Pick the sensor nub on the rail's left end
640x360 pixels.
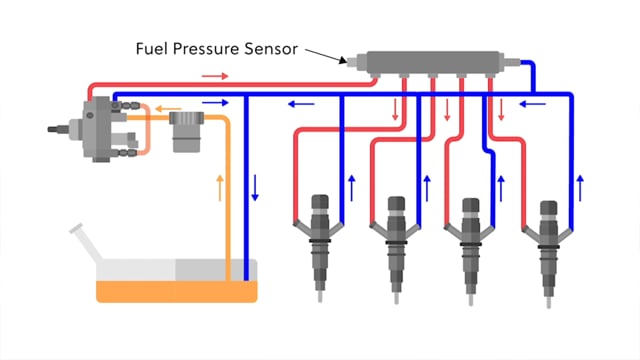(x=347, y=62)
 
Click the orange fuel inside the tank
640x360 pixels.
(x=175, y=291)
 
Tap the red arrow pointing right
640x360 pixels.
(x=216, y=75)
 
